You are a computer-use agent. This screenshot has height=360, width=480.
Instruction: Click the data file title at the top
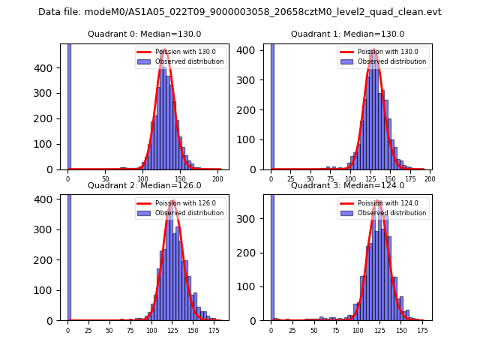click(240, 12)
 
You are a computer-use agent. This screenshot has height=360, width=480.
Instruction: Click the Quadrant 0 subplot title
click(144, 34)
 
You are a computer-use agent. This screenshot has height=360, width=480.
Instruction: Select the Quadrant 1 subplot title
click(347, 34)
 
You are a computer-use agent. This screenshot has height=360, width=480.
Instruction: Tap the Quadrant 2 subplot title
click(144, 185)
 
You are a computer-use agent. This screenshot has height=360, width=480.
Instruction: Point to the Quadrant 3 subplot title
click(347, 185)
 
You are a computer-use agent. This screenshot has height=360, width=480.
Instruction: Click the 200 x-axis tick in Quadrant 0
click(217, 180)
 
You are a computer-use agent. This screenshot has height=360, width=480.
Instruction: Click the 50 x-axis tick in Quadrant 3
click(314, 331)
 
